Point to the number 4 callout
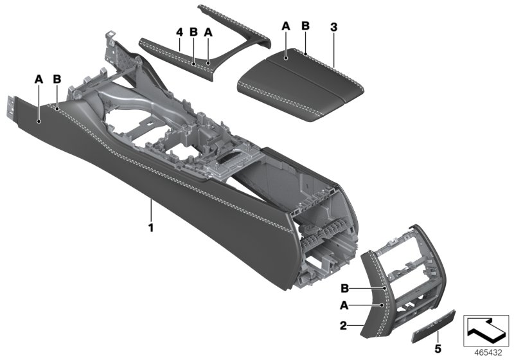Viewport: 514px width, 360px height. [x=180, y=32]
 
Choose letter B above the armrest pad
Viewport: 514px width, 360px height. [x=305, y=26]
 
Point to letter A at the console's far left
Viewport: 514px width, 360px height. [x=39, y=79]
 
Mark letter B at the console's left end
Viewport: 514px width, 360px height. [x=57, y=79]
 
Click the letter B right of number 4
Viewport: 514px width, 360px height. [x=193, y=32]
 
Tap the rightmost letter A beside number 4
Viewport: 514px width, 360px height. [x=208, y=32]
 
